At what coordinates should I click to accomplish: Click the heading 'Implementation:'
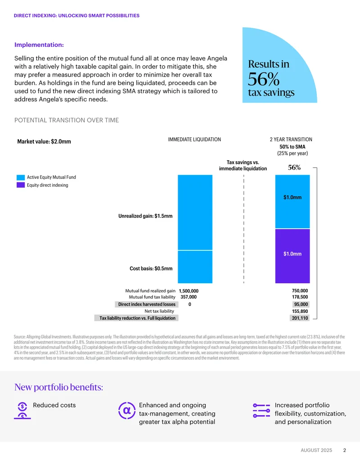(39, 45)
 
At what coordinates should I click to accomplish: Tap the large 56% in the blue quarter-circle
(264, 79)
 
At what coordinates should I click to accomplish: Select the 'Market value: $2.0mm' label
(44, 141)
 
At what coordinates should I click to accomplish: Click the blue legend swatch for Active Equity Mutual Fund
(21, 177)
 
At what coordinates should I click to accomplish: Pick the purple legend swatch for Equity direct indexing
(21, 185)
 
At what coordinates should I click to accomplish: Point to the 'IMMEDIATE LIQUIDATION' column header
(194, 140)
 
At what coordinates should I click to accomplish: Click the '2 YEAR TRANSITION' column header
(291, 140)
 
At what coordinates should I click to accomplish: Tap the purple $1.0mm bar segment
(292, 256)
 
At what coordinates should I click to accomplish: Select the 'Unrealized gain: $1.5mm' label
(145, 216)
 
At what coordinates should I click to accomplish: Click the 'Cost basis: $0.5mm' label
(151, 268)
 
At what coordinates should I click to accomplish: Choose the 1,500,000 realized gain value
(189, 291)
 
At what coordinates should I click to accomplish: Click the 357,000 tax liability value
(189, 297)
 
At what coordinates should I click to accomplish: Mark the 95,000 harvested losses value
(301, 304)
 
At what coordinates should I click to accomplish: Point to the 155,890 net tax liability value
(300, 311)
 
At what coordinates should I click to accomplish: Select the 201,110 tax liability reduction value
(300, 318)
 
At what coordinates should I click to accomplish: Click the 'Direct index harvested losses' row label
(147, 304)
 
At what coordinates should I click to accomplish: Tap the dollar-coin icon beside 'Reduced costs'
(22, 411)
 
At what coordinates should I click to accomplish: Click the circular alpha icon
(127, 411)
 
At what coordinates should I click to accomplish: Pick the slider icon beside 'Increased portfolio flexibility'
(261, 411)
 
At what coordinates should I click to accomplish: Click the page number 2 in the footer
(345, 450)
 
